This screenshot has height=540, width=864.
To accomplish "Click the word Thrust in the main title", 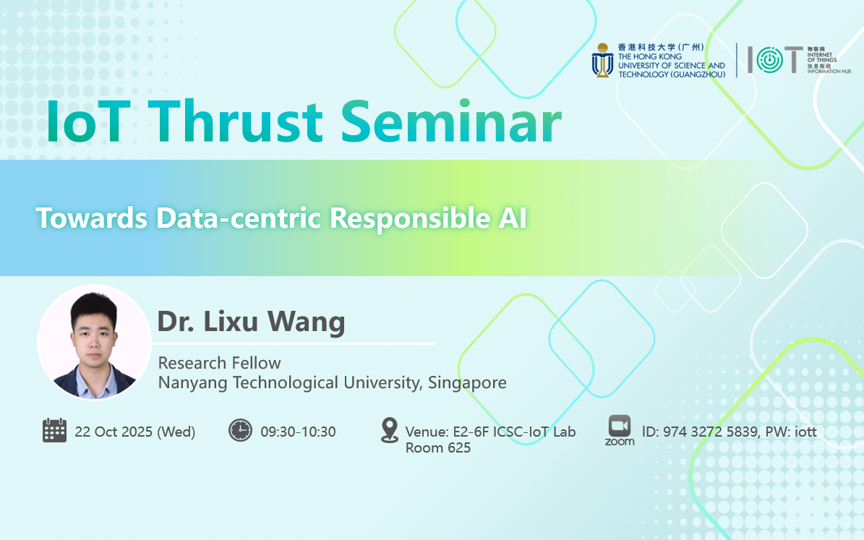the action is [235, 121].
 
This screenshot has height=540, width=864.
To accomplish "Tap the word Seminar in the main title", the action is [451, 121].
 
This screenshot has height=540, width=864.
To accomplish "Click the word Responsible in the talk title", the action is [409, 218].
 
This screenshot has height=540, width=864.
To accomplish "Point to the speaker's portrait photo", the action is [94, 342].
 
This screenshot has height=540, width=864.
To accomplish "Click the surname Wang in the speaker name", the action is [307, 322].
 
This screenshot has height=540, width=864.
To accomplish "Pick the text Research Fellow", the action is [219, 363].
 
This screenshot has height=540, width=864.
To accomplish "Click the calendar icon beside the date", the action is [54, 430].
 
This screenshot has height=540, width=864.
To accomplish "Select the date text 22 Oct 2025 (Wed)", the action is [135, 432].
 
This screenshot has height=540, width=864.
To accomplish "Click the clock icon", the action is [240, 430].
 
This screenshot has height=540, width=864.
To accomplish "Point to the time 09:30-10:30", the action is [298, 432].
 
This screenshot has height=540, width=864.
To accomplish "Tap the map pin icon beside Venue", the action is [390, 430].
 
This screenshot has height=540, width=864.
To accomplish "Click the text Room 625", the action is [438, 448].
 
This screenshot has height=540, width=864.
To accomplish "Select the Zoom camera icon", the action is [620, 426].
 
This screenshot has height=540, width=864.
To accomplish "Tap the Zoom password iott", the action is [805, 432].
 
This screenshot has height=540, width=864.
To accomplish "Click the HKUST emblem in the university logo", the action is [602, 61].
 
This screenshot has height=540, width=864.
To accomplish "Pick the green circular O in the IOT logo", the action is [770, 59].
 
